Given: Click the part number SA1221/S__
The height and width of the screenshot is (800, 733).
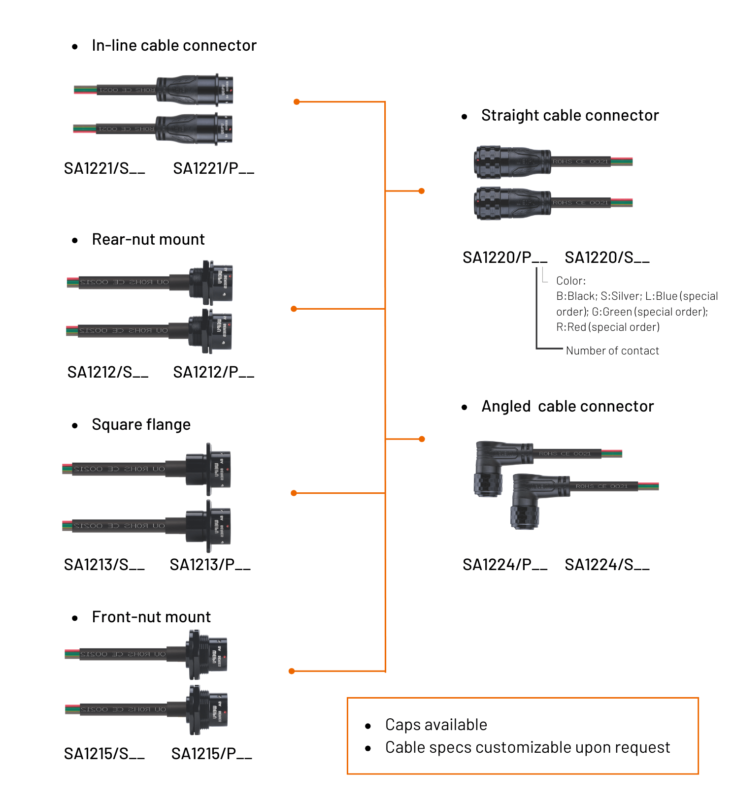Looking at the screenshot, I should (x=104, y=169).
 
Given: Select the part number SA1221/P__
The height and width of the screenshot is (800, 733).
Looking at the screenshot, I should (x=213, y=169).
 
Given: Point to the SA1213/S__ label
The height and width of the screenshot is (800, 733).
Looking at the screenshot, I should (x=104, y=565).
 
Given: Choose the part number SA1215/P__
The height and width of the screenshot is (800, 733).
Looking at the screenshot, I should (x=211, y=754).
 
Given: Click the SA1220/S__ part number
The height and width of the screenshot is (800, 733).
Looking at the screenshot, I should (x=607, y=257).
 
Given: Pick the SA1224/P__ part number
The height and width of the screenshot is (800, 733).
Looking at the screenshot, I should (x=505, y=565).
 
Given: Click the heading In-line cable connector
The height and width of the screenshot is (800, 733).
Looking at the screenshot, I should (x=174, y=46).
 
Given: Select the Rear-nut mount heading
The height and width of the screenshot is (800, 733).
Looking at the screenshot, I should (x=148, y=240).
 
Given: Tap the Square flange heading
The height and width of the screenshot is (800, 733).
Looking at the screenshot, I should (x=141, y=425).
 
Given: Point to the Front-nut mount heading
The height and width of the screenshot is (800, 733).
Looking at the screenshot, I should (x=151, y=617).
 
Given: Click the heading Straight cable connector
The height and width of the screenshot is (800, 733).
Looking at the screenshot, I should (x=570, y=116).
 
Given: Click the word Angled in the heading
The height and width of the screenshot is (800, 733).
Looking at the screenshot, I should (x=506, y=407).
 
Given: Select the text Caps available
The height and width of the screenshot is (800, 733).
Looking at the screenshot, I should (x=436, y=725).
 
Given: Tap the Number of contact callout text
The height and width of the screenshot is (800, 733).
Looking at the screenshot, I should (x=612, y=351).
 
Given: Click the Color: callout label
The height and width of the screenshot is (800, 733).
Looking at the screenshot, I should (x=571, y=281).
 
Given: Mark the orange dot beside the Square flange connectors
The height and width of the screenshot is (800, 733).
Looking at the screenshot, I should (x=294, y=493).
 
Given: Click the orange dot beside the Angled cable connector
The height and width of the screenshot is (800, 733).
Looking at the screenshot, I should (x=422, y=439).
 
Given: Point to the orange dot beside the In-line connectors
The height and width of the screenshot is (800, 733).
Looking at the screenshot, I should (x=297, y=102).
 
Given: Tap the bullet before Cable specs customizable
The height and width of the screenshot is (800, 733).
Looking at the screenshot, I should (x=368, y=748).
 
